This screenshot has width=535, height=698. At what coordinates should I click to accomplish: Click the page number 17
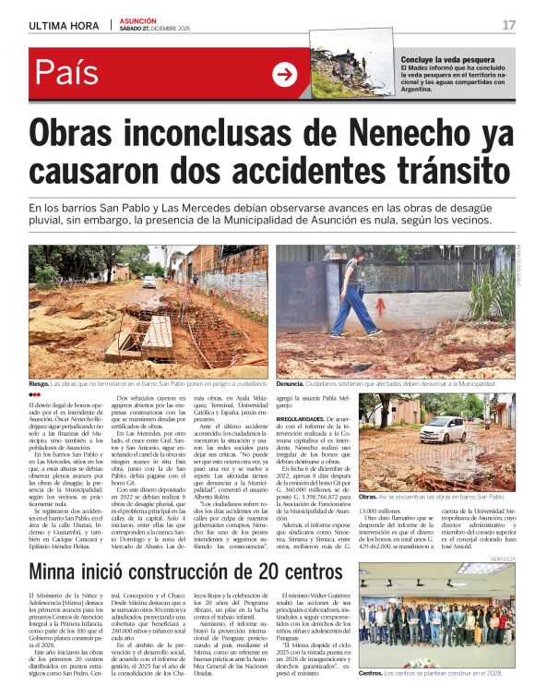coord(508,25)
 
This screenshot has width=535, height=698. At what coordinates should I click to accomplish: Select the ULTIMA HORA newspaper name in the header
coord(65,25)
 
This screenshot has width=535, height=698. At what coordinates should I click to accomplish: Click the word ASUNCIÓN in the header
coord(137,20)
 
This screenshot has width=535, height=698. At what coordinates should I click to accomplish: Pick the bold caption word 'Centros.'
coord(371,673)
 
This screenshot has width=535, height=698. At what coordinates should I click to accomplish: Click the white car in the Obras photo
coord(441,428)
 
